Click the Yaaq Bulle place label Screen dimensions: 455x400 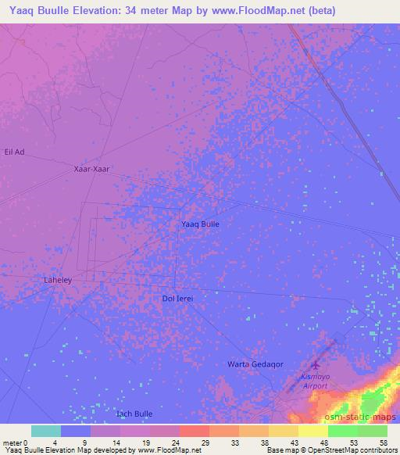[200, 224]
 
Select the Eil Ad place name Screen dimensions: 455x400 [15, 152]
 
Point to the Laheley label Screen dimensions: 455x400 [56, 278]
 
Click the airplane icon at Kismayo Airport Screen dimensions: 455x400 [316, 365]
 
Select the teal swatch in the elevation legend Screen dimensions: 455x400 [46, 431]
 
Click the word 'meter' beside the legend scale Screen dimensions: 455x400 [12, 442]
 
